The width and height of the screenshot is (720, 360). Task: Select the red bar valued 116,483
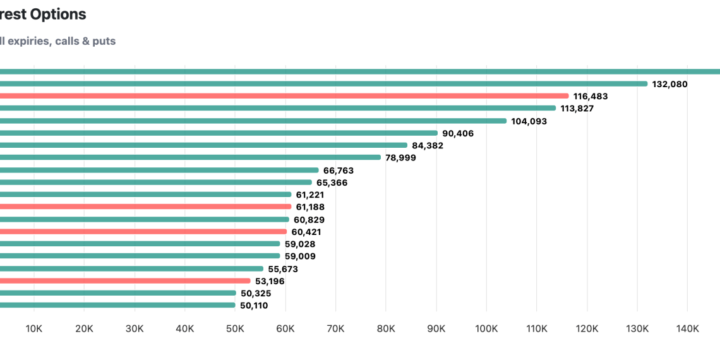click(284, 96)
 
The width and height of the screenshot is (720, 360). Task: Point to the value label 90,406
click(458, 133)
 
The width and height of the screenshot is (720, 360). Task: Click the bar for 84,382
click(202, 145)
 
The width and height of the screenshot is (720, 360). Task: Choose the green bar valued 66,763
click(158, 170)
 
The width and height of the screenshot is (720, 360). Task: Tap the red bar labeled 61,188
click(145, 207)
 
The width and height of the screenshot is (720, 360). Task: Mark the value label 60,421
click(307, 232)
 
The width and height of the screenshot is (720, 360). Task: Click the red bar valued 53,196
click(126, 280)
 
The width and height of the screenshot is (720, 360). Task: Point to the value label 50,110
click(254, 306)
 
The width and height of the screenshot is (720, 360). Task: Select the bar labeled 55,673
click(133, 268)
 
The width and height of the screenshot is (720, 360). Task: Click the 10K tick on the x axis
click(33, 328)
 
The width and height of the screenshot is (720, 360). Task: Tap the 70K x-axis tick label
click(335, 328)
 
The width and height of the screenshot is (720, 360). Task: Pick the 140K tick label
click(687, 328)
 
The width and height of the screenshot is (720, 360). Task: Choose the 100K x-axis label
click(486, 328)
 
